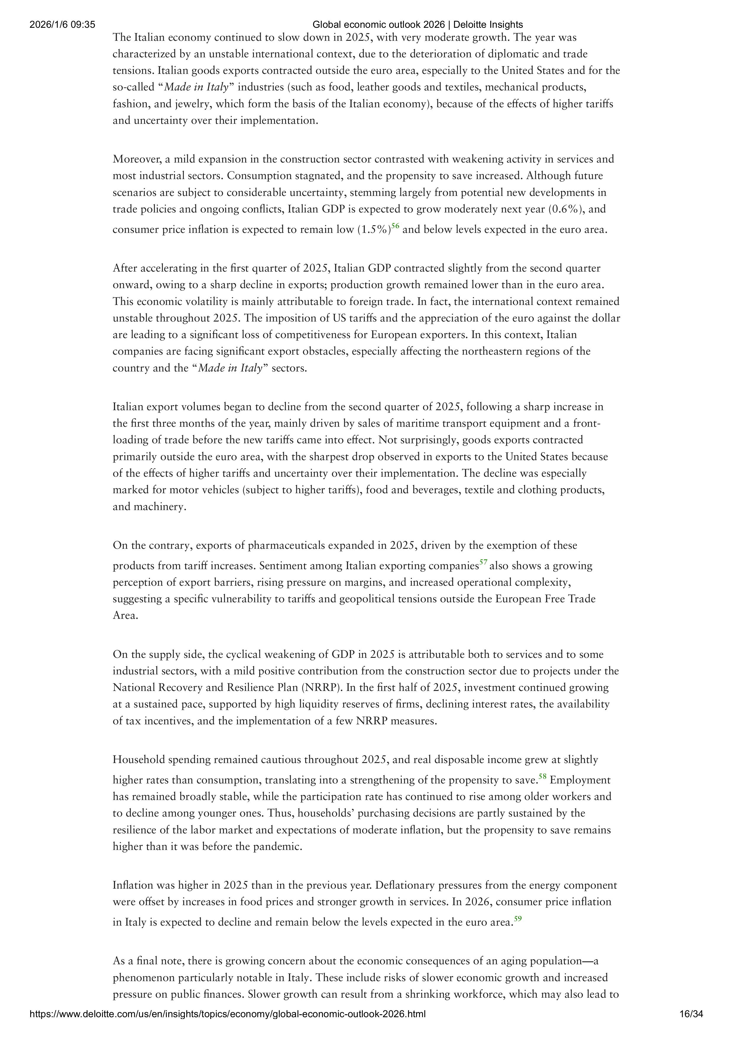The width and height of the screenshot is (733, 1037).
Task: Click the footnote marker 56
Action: point(395,226)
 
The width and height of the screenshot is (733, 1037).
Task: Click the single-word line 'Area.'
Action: point(125,616)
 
